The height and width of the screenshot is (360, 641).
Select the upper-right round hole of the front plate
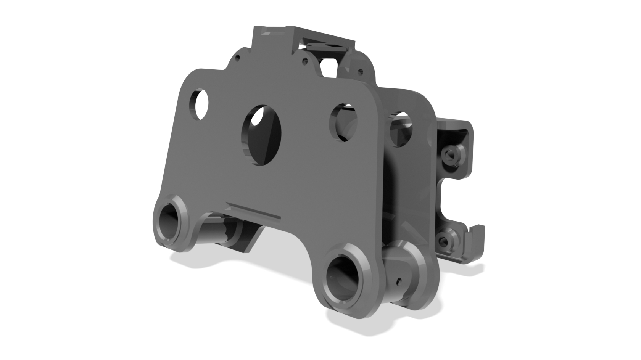click(x=343, y=123)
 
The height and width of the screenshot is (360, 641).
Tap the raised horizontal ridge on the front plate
click(x=253, y=211)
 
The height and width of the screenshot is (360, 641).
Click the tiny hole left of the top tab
click(x=237, y=58)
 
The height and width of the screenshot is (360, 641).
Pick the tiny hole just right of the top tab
click(x=304, y=61)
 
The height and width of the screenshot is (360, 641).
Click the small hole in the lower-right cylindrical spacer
click(x=399, y=281)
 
